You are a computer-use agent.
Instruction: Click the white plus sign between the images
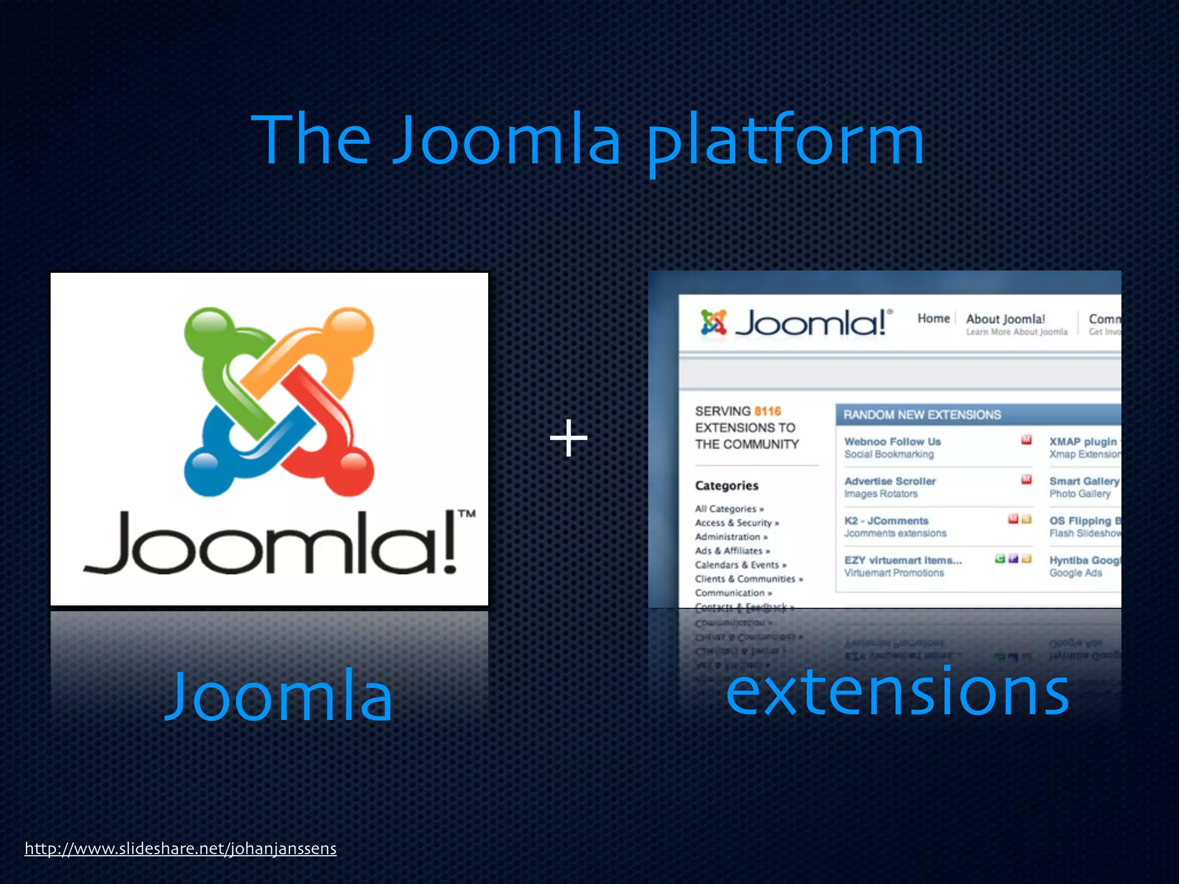tap(569, 439)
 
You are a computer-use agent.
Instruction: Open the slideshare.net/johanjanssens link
tap(180, 849)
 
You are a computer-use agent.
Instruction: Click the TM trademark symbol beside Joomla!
tap(466, 513)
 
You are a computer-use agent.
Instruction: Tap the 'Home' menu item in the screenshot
tap(933, 319)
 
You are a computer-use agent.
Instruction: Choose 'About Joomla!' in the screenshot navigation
tap(1005, 319)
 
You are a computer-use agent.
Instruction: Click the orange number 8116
tap(767, 411)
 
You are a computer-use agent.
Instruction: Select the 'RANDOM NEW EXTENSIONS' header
tap(922, 415)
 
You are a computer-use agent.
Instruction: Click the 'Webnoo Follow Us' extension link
tap(892, 442)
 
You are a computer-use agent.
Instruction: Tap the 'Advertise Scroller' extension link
tap(890, 481)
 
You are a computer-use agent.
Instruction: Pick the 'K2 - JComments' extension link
tap(886, 521)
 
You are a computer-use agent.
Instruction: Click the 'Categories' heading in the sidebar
tap(727, 486)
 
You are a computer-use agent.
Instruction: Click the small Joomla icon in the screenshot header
tap(713, 322)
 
